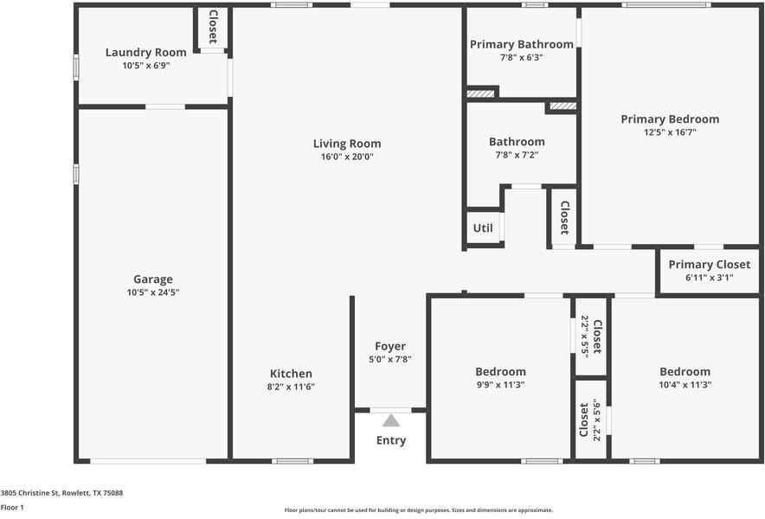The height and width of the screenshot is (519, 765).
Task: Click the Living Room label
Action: click(346, 144)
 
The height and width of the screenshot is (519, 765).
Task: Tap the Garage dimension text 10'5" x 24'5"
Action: click(152, 292)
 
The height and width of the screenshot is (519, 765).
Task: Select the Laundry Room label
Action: click(145, 52)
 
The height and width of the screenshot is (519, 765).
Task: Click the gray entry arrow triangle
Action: click(391, 420)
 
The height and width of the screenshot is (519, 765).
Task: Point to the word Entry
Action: click(390, 440)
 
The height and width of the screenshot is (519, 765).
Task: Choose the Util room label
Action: click(482, 228)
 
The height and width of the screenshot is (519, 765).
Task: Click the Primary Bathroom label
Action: click(521, 44)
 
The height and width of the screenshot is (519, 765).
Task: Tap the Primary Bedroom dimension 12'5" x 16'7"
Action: click(669, 132)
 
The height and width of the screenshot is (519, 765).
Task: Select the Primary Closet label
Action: click(709, 265)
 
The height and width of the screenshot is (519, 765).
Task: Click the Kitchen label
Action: click(290, 374)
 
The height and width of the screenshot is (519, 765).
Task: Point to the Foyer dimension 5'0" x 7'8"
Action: click(389, 359)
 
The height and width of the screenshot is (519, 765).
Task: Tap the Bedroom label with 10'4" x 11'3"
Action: click(685, 371)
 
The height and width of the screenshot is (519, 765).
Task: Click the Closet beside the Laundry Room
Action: click(212, 27)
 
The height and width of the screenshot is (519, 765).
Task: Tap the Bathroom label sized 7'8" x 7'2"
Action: click(517, 142)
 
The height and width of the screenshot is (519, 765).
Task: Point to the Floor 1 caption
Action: click(12, 507)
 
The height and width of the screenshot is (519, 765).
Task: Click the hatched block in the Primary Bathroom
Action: click(480, 93)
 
